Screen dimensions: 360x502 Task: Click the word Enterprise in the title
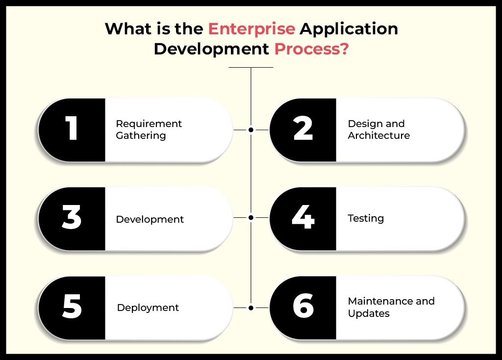[x=251, y=29]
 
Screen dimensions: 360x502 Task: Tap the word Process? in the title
[x=311, y=49]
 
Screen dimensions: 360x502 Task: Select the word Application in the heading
[x=349, y=29]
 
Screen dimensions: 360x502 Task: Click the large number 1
[x=72, y=129]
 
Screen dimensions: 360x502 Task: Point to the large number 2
[x=302, y=129]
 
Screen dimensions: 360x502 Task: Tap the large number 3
[x=72, y=218]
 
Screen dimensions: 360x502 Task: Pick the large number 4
[x=302, y=218]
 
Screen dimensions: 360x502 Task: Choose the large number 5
[x=72, y=307]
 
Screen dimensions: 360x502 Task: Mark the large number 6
[x=302, y=307]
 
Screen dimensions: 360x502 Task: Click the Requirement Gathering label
[x=149, y=129]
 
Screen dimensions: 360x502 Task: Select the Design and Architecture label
[x=378, y=129]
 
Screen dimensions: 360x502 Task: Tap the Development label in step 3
[x=150, y=219]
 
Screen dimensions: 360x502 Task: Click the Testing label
[x=366, y=218]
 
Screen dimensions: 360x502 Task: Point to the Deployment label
[x=148, y=308]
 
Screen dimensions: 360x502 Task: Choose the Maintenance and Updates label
[x=391, y=307]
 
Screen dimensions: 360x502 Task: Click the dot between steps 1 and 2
[x=251, y=130]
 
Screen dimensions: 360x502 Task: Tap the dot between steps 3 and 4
[x=251, y=217]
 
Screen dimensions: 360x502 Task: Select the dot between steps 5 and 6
[x=251, y=308]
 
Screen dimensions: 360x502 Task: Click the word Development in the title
[x=211, y=49]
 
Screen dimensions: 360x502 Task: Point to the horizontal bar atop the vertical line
[x=251, y=67]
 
